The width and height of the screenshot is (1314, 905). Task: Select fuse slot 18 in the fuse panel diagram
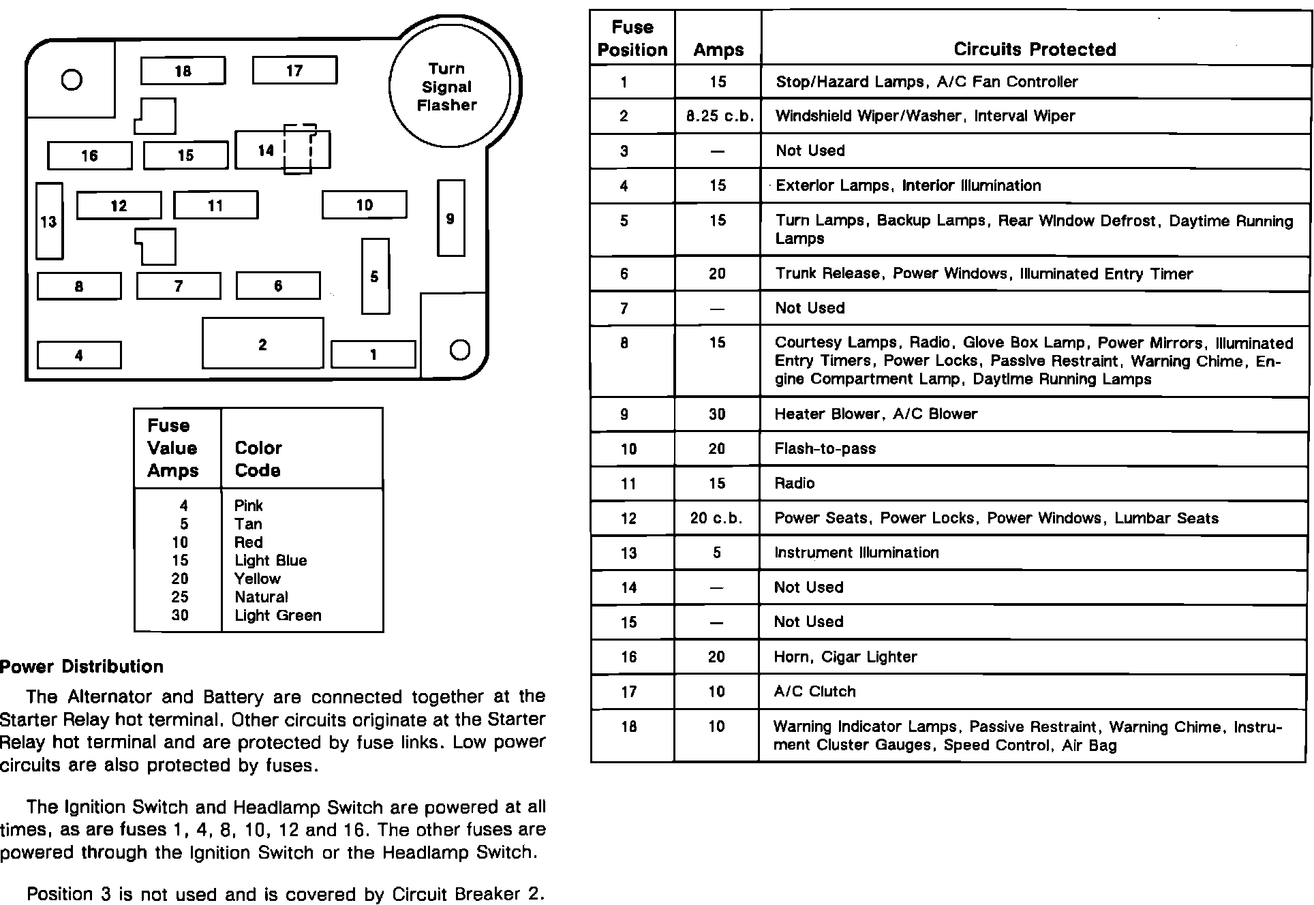coord(183,71)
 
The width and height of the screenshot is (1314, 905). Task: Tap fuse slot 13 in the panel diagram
coord(49,221)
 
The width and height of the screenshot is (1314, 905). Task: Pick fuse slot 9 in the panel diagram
coord(450,219)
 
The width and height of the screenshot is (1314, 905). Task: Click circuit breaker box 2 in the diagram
coord(262,343)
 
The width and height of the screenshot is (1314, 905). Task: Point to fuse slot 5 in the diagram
coord(375,276)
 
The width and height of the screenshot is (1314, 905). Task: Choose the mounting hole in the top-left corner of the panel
coord(72,80)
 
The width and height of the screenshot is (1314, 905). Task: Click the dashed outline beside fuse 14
coord(300,149)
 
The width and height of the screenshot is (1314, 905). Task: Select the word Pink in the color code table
coord(248,506)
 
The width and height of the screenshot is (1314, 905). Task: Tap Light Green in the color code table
coord(277,615)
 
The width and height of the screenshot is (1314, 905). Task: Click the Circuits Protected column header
coord(1035,49)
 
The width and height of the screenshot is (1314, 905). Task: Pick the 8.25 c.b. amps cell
coord(719,117)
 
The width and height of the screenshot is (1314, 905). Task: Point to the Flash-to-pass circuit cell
coord(825,448)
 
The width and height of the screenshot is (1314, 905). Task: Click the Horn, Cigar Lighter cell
coord(845,657)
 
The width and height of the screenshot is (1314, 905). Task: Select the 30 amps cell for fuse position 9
coord(717,414)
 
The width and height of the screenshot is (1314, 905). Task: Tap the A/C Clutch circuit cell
coord(814,692)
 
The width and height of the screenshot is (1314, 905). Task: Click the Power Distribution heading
coord(82,666)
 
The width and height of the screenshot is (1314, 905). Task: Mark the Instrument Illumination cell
coord(856,553)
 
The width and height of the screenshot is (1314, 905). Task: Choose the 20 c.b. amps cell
coord(716,518)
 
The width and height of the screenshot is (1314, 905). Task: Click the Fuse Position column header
coord(632,38)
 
